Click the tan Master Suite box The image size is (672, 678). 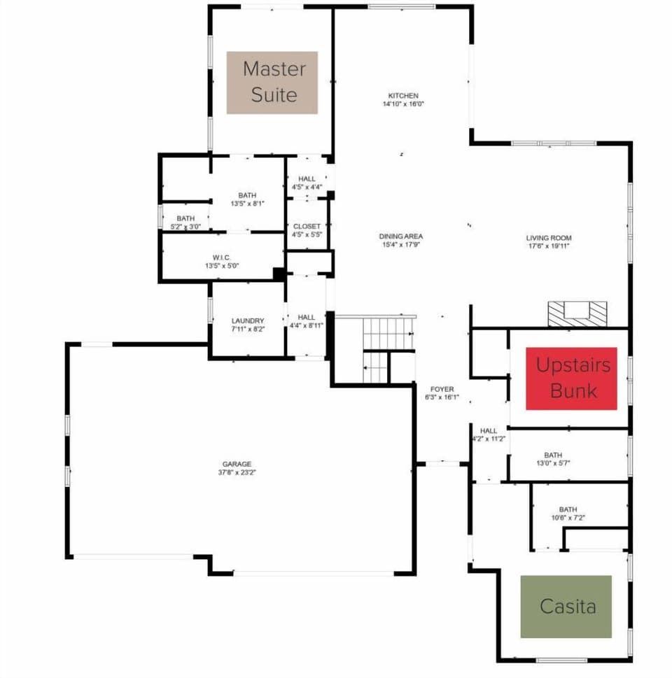tap(272, 83)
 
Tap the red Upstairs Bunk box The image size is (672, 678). tap(571, 378)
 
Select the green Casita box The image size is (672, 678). tap(566, 607)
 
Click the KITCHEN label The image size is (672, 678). tap(403, 96)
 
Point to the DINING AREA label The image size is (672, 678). tap(401, 236)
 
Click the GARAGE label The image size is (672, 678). tap(237, 464)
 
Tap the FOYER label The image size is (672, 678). tap(442, 390)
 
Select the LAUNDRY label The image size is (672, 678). tap(248, 321)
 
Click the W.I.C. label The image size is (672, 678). tap(222, 257)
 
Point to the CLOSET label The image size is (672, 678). tap(307, 227)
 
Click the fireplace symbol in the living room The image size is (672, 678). tap(578, 313)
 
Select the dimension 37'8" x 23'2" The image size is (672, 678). tap(237, 472)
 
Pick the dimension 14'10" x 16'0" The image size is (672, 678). tap(403, 104)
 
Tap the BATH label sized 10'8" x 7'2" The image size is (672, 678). tap(568, 509)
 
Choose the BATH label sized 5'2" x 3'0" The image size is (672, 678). tap(185, 218)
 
